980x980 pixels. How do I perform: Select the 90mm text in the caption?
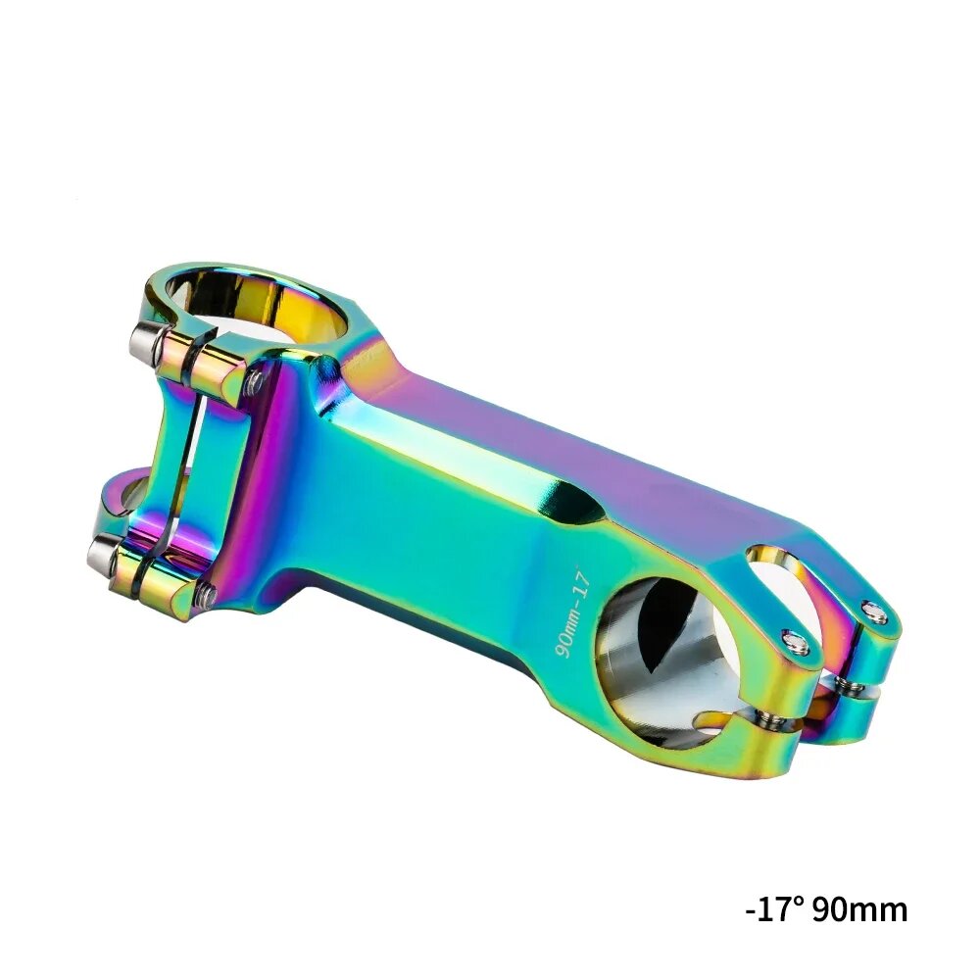(x=859, y=908)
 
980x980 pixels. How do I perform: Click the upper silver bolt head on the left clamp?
(x=144, y=340)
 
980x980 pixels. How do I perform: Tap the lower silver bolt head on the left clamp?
(x=101, y=556)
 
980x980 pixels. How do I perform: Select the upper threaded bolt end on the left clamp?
(x=255, y=382)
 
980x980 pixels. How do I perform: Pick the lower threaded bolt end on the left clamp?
(x=206, y=592)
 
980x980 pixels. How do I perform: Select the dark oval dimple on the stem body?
(x=578, y=506)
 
